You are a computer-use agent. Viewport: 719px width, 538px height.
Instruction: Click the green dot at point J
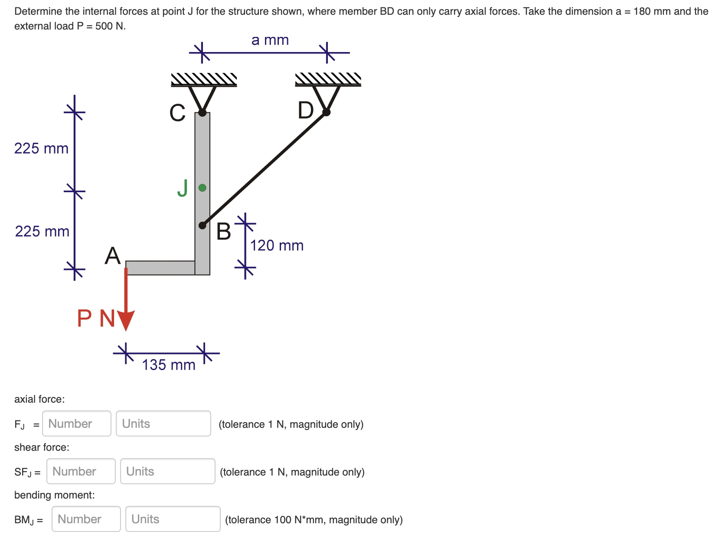tap(202, 188)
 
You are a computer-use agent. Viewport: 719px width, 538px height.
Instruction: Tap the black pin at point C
tap(202, 113)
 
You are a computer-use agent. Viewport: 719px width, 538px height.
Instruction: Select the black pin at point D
tap(327, 112)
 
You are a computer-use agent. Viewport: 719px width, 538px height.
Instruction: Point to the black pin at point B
tap(202, 225)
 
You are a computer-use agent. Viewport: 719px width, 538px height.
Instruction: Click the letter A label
tap(113, 256)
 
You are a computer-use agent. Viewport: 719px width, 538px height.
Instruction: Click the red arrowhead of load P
tap(126, 320)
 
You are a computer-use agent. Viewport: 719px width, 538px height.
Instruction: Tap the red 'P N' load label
tap(96, 318)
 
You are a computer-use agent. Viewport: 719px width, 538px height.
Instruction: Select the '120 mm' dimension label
tap(277, 246)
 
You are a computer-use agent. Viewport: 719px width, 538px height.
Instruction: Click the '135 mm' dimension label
tap(169, 365)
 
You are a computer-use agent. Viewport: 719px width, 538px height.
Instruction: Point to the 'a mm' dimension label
tap(270, 40)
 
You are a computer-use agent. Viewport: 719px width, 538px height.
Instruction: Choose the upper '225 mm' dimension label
tap(41, 148)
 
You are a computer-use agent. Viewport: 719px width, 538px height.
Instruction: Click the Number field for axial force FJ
tap(77, 423)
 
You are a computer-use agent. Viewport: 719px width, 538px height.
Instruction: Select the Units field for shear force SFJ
tap(167, 471)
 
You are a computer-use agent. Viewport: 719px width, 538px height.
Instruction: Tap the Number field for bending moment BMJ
tap(86, 519)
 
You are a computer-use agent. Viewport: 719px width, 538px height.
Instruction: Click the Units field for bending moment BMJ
tap(173, 519)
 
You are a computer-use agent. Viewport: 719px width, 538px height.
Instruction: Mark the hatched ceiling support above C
tap(204, 79)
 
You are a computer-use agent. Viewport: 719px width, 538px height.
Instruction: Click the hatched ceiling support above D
tap(328, 79)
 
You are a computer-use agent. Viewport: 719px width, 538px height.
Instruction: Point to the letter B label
tap(224, 231)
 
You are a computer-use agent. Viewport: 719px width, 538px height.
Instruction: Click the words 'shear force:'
tap(42, 447)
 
